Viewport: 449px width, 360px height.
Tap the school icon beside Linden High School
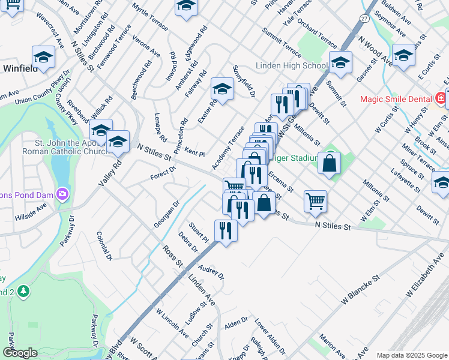tap(340, 62)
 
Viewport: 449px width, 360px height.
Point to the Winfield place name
tap(20, 68)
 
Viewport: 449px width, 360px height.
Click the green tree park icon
tap(23, 291)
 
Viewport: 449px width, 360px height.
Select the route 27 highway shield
tap(364, 19)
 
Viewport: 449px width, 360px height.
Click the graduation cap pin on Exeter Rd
tap(222, 89)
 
